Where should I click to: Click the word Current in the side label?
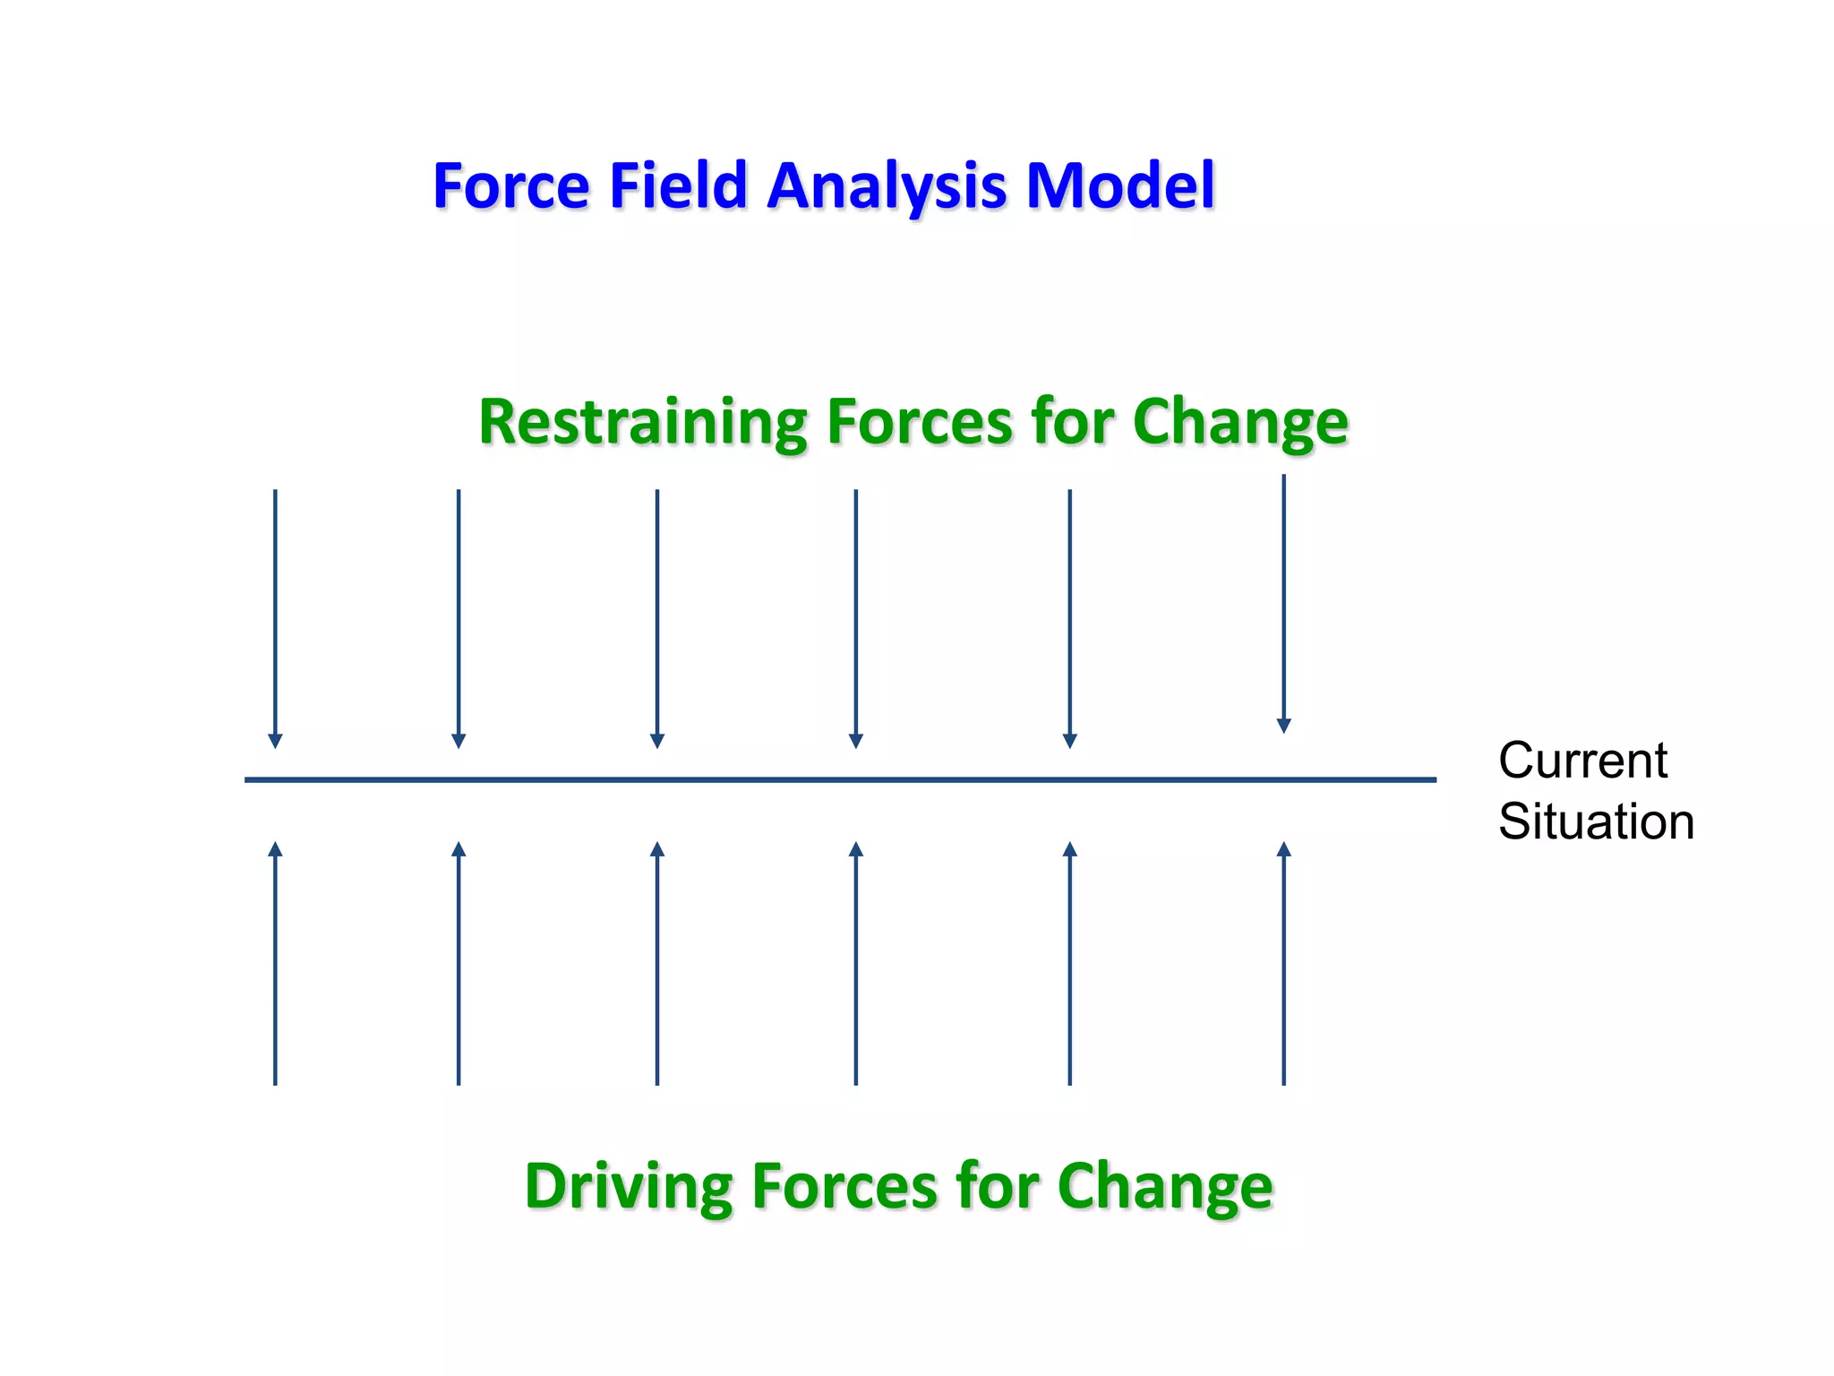pyautogui.click(x=1582, y=761)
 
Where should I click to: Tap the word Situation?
pyautogui.click(x=1596, y=821)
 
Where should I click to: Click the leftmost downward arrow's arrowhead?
pyautogui.click(x=275, y=742)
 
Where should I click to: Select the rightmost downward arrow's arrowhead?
pyautogui.click(x=1283, y=727)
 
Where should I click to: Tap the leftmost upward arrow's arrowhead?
pyautogui.click(x=275, y=848)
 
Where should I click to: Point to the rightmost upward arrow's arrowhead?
pyautogui.click(x=1283, y=848)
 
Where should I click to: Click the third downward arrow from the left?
pyautogui.click(x=656, y=618)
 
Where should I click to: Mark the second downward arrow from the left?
pyautogui.click(x=458, y=618)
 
